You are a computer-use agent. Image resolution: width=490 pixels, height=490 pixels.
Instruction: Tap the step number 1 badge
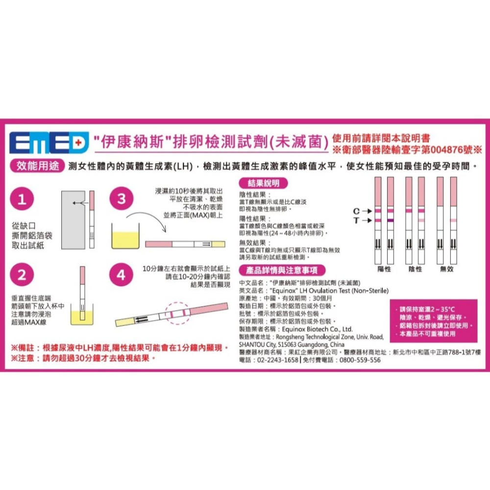click(x=21, y=200)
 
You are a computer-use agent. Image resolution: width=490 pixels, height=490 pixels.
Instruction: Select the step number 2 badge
click(x=21, y=275)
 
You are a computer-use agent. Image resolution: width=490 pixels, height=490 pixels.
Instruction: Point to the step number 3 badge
click(x=121, y=200)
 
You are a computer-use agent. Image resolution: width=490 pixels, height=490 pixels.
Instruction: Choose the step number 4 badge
click(x=121, y=275)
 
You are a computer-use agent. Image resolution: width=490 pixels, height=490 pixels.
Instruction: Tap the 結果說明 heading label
click(x=264, y=183)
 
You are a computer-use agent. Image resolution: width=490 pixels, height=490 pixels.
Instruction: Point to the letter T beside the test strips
click(x=357, y=220)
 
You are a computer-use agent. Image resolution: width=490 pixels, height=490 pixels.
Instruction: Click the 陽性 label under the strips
click(x=384, y=269)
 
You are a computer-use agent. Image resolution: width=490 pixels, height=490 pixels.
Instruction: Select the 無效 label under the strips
click(x=447, y=269)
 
